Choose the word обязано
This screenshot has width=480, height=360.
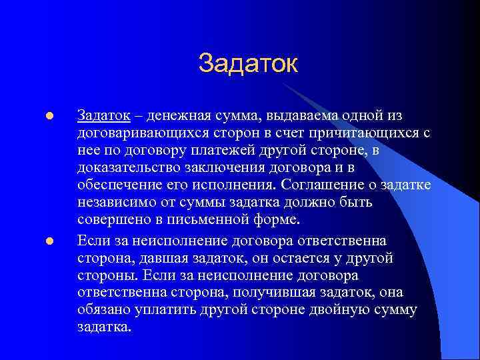coord(103,310)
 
